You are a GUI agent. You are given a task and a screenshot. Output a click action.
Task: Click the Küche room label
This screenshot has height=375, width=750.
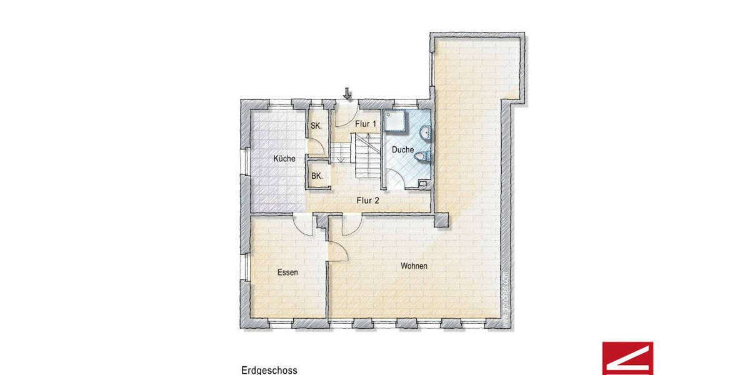point(284,159)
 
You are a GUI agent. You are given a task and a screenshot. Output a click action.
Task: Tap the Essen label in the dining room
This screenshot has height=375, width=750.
point(287,272)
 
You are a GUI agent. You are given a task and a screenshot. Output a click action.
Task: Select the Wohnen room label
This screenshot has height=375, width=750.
point(414,266)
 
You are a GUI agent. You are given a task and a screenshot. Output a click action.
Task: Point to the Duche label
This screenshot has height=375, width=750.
point(402,150)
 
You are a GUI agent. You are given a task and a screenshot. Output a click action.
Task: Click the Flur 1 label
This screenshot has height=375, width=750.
point(366,124)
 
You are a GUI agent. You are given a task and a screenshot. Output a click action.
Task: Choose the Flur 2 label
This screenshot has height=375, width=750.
point(367,201)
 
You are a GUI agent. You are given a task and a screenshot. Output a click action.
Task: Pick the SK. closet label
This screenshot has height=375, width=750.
point(316,126)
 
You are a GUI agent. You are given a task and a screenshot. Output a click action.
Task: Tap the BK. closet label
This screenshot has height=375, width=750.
point(317,176)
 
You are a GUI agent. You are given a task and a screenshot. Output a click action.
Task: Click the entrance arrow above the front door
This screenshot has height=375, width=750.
point(347,94)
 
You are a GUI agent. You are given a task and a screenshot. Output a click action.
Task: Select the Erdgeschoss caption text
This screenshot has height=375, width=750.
point(269,370)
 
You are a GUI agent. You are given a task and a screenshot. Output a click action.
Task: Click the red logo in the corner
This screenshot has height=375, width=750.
point(627,358)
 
